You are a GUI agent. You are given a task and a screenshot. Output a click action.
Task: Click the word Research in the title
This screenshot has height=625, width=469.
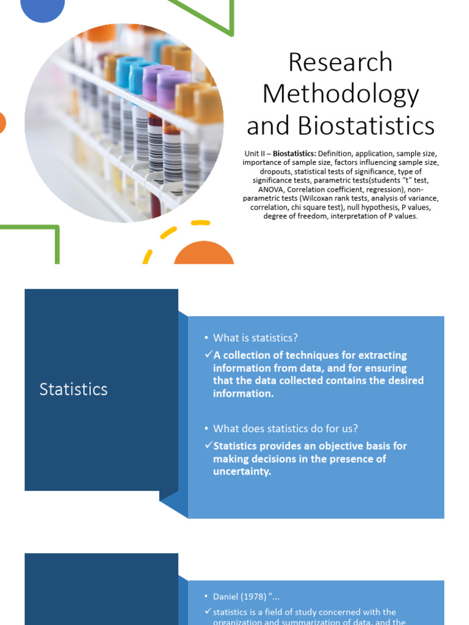(340, 62)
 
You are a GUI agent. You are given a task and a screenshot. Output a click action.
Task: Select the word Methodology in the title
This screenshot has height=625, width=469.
(340, 94)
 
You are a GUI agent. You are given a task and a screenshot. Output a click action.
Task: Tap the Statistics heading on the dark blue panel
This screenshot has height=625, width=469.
(73, 389)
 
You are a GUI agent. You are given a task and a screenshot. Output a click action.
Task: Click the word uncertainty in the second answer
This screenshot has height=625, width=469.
(242, 472)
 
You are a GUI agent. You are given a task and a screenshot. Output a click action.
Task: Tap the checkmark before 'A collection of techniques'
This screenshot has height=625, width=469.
(208, 355)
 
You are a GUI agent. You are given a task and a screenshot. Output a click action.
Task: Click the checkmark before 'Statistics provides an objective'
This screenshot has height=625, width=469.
(208, 446)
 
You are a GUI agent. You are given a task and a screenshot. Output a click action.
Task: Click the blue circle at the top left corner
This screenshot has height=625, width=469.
(43, 9)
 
